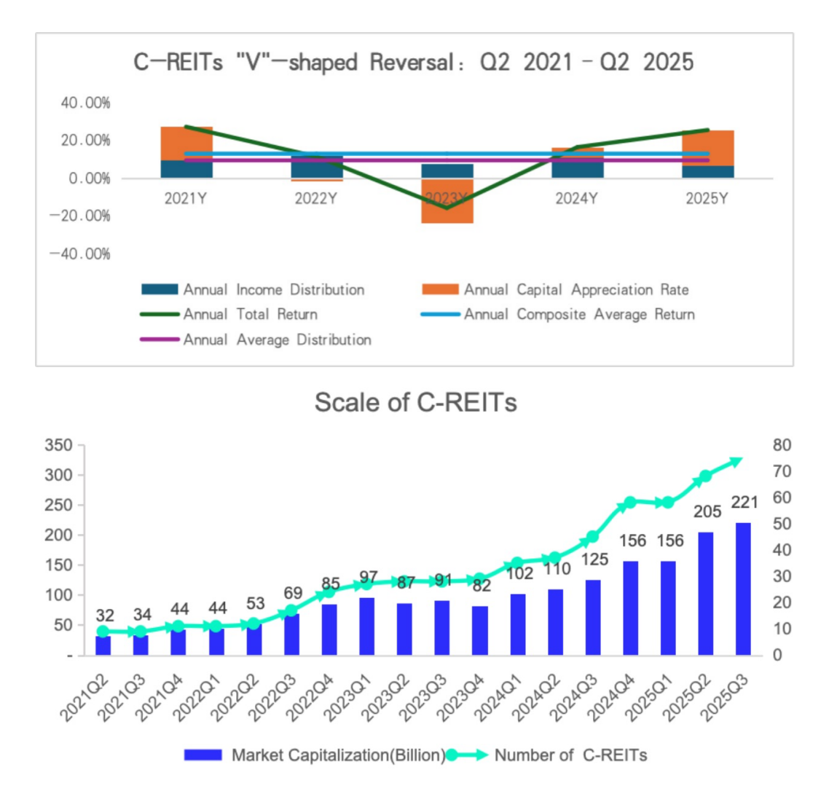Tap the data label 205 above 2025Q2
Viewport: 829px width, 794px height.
pyautogui.click(x=707, y=512)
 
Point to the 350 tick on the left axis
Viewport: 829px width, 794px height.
pyautogui.click(x=58, y=445)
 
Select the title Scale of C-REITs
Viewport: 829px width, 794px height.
pyautogui.click(x=415, y=402)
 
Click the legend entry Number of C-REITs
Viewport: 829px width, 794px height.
pyautogui.click(x=570, y=755)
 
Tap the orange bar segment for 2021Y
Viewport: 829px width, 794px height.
pyautogui.click(x=186, y=143)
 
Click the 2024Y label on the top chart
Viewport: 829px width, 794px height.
pyautogui.click(x=576, y=198)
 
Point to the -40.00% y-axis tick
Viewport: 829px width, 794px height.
pyautogui.click(x=80, y=253)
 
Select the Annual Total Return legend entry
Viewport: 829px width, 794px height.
pyautogui.click(x=250, y=315)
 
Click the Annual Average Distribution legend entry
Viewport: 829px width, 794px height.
pyautogui.click(x=277, y=339)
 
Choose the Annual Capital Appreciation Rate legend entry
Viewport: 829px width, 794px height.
pyautogui.click(x=575, y=290)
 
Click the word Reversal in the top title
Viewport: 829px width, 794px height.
pyautogui.click(x=412, y=62)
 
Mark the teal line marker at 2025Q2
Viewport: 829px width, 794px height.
pyautogui.click(x=705, y=477)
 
